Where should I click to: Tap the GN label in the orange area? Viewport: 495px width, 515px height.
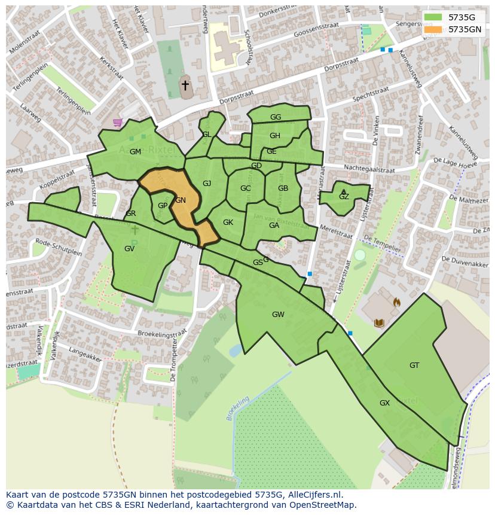[x=181, y=200]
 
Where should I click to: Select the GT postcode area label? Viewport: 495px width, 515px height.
[x=414, y=365]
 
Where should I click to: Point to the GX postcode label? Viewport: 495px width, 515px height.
[x=384, y=403]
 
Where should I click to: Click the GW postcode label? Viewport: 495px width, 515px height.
[x=278, y=315]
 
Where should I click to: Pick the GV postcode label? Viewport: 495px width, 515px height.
[x=129, y=249]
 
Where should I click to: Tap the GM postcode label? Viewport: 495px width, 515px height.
[x=135, y=152]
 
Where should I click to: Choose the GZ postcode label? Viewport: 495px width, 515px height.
[x=344, y=197]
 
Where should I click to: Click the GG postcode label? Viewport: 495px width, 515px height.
[x=276, y=117]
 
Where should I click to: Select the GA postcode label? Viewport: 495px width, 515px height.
[x=274, y=225]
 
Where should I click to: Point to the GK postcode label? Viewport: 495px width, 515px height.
[x=228, y=223]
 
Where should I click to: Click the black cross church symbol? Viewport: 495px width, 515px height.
[x=185, y=86]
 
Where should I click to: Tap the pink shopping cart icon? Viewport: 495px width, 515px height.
[x=117, y=123]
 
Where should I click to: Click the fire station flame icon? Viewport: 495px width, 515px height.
[x=396, y=303]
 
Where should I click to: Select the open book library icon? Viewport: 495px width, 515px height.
[x=378, y=323]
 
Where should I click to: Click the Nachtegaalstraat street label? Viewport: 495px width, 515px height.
[x=369, y=169]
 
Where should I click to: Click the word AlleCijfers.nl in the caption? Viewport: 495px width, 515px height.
[x=313, y=495]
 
